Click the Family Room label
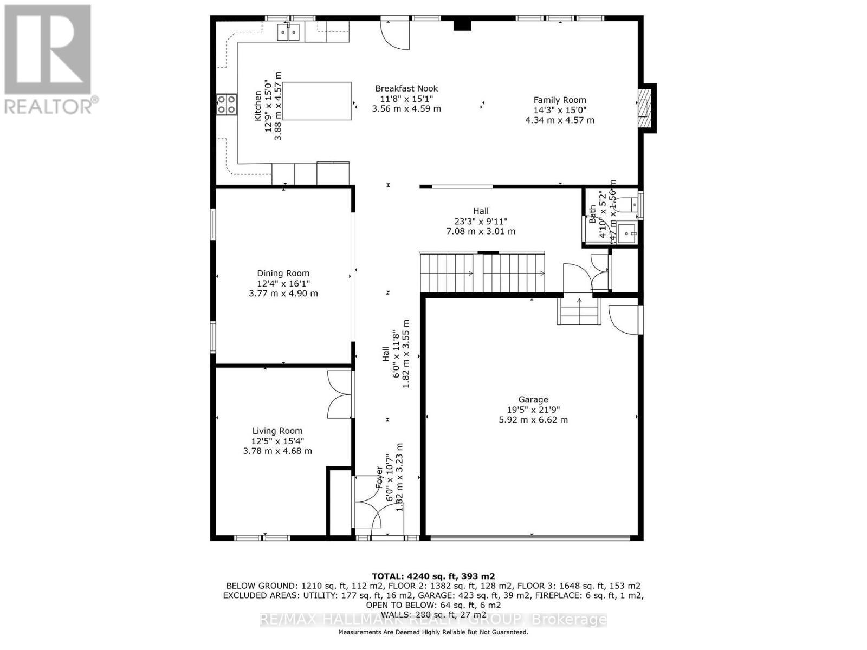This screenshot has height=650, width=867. pyautogui.click(x=560, y=100)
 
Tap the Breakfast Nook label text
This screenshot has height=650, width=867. pyautogui.click(x=406, y=88)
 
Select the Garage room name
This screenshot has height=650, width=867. pyautogui.click(x=533, y=400)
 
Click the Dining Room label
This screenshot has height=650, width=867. pyautogui.click(x=283, y=274)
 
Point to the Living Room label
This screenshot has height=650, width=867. pyautogui.click(x=277, y=431)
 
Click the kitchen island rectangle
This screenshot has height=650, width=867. pyautogui.click(x=317, y=101)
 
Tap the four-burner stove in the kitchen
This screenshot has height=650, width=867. pyautogui.click(x=227, y=104)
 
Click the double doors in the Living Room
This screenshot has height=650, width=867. pyautogui.click(x=340, y=394)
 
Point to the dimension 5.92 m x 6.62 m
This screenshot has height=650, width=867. pyautogui.click(x=533, y=420)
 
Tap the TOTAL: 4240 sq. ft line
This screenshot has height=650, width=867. pyautogui.click(x=433, y=576)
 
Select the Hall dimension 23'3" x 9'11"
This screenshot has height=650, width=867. pyautogui.click(x=481, y=221)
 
